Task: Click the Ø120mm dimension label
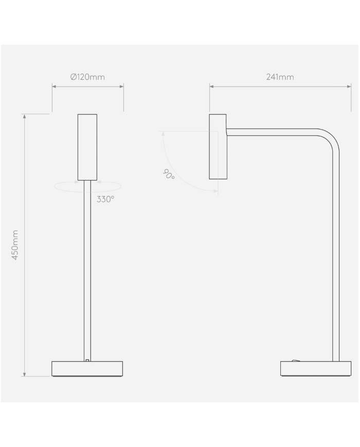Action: point(87,77)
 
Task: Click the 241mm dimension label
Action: point(280,77)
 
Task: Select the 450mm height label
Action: point(15,245)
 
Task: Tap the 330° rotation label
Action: point(105,199)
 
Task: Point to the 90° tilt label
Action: point(169,174)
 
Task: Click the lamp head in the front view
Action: point(87,147)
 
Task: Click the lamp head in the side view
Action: point(218,147)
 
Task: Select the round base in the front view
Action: point(87,369)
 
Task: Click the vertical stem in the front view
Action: point(87,267)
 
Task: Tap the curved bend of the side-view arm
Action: point(330,138)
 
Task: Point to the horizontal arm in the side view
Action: point(273,132)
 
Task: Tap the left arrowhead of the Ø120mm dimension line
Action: point(54,86)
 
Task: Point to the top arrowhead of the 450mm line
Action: point(24,116)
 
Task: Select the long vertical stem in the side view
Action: point(336,257)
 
